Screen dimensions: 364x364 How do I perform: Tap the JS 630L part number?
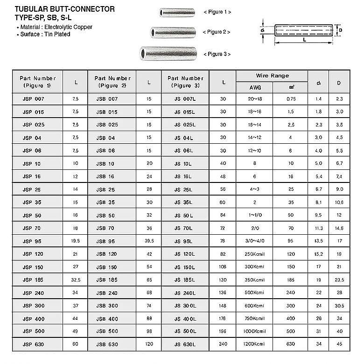pos(184,344)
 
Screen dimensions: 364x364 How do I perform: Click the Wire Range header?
pos(272,76)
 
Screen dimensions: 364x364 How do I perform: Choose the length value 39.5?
pos(149,241)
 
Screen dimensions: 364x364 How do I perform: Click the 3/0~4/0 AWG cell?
pos(255,241)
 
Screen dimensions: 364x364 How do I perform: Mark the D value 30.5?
pos(339,306)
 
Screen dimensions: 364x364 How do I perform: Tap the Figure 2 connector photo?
pos(166,32)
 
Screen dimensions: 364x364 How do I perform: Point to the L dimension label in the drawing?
pos(304,41)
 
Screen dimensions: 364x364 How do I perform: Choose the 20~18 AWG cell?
pos(255,99)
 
